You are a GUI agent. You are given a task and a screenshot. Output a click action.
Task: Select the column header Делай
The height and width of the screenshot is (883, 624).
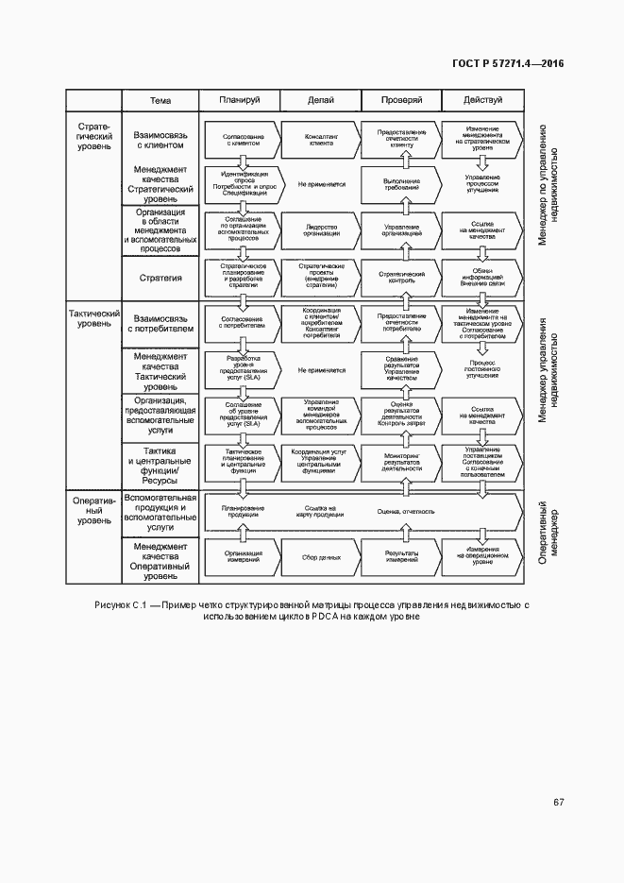click(x=321, y=100)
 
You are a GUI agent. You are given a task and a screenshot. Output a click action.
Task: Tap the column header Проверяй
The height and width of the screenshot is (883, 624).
click(x=401, y=100)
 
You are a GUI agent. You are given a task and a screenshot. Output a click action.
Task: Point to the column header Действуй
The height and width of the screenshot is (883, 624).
click(x=482, y=100)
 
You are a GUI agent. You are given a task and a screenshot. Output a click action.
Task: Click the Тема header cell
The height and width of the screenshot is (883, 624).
click(x=160, y=100)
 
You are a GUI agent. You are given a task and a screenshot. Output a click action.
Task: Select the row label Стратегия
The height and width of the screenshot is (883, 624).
click(x=160, y=279)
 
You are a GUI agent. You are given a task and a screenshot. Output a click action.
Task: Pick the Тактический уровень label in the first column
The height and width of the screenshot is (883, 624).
click(x=93, y=318)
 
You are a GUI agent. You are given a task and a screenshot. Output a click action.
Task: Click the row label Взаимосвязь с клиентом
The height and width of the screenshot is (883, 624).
click(x=160, y=141)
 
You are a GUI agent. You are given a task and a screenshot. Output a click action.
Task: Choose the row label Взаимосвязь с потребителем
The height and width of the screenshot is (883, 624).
click(x=160, y=325)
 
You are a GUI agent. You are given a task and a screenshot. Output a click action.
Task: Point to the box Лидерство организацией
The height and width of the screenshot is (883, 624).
click(x=321, y=229)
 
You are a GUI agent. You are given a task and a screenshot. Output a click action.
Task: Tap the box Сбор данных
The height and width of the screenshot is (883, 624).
click(x=321, y=557)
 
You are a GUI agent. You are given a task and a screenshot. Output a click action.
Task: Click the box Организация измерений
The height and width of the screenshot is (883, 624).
click(x=242, y=557)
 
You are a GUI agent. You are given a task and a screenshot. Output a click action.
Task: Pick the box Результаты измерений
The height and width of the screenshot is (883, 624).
click(x=401, y=557)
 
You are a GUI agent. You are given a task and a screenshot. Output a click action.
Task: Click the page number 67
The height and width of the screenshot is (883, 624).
click(x=558, y=802)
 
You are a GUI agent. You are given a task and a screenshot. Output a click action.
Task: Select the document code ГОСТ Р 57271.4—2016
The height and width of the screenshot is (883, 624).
click(x=508, y=63)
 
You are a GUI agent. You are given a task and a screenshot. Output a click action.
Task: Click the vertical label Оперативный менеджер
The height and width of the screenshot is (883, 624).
click(x=549, y=534)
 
